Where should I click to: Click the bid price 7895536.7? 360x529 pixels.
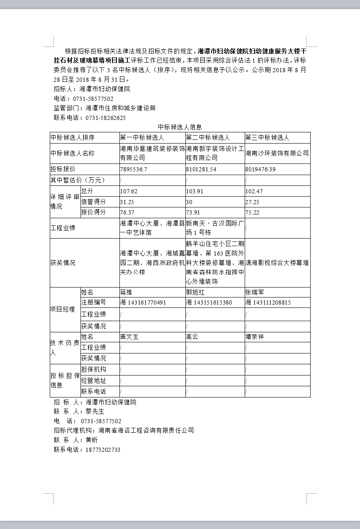click(134, 169)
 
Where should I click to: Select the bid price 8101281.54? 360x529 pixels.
click(201, 169)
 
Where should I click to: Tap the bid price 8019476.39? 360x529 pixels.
click(260, 169)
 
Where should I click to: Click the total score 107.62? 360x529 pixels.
click(129, 191)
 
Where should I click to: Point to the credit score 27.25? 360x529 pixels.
click(253, 202)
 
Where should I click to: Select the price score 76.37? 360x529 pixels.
click(127, 212)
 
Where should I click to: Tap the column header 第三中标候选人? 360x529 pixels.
click(267, 138)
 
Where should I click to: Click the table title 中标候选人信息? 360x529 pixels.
click(180, 127)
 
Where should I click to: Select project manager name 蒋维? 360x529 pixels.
click(126, 293)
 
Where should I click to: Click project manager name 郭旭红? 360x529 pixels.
click(195, 293)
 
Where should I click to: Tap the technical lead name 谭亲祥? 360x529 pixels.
click(254, 337)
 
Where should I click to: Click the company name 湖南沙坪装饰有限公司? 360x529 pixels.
click(277, 154)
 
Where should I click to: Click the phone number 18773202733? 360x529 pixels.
click(103, 450)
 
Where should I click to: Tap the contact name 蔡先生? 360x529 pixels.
click(95, 412)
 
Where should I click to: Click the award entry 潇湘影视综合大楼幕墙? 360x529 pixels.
click(277, 263)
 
